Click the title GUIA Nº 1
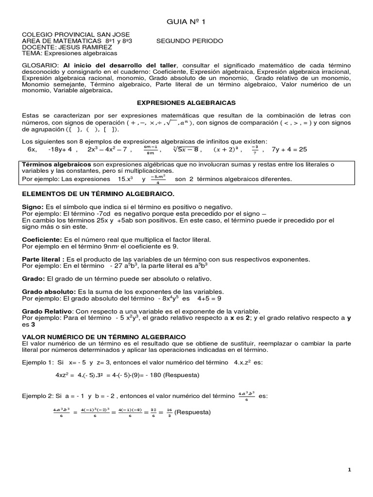[186, 21]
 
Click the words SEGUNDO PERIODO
[189, 41]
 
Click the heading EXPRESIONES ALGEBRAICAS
[186, 103]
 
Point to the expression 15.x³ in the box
[123, 179]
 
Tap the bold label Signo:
[34, 206]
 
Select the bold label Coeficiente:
[42, 240]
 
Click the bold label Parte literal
[43, 259]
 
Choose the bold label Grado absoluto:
[48, 291]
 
